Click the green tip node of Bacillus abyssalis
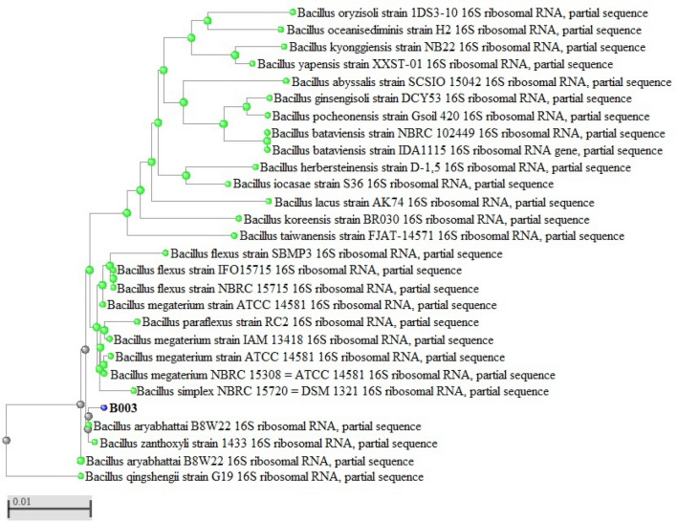click(x=287, y=81)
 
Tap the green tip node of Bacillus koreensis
click(x=235, y=219)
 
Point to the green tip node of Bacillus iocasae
click(x=227, y=184)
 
